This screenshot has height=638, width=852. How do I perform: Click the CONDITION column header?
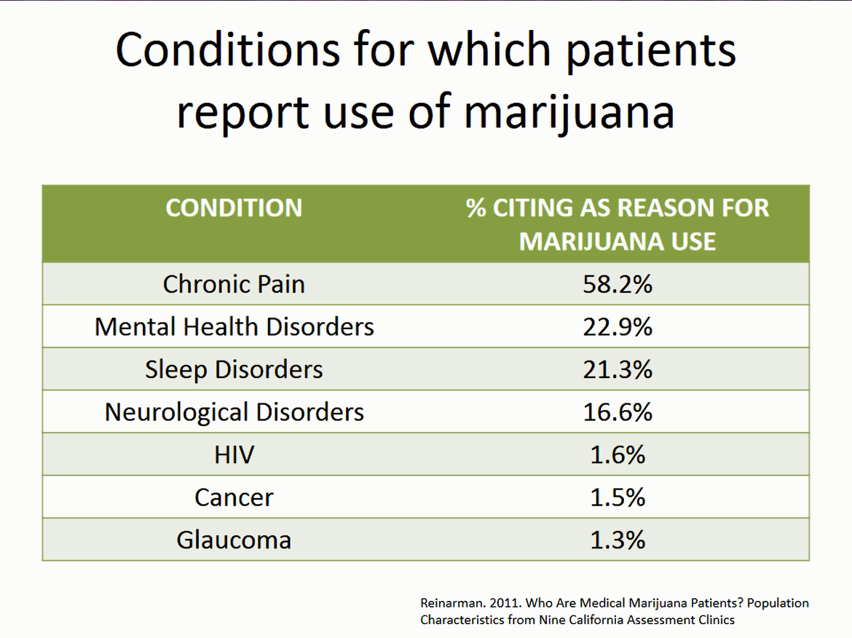[234, 208]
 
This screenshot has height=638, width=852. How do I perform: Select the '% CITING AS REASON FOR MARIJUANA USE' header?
[618, 224]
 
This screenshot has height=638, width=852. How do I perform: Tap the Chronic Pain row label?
[234, 284]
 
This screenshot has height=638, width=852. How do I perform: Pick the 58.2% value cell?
[618, 284]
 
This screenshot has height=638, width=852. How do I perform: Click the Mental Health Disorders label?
[234, 327]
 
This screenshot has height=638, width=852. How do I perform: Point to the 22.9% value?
[618, 327]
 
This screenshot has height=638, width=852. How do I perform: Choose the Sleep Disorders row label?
[234, 369]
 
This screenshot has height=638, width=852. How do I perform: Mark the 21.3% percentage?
[618, 369]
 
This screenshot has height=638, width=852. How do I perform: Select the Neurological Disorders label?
[234, 412]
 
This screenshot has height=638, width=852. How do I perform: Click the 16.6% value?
[618, 412]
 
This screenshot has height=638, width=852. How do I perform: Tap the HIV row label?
[234, 455]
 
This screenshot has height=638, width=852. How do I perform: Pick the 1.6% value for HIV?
[618, 455]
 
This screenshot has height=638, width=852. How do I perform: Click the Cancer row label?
[234, 497]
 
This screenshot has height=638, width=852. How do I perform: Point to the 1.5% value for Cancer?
[618, 497]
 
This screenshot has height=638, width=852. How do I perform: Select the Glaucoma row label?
[234, 540]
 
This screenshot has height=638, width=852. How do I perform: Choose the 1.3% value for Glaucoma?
[618, 540]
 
